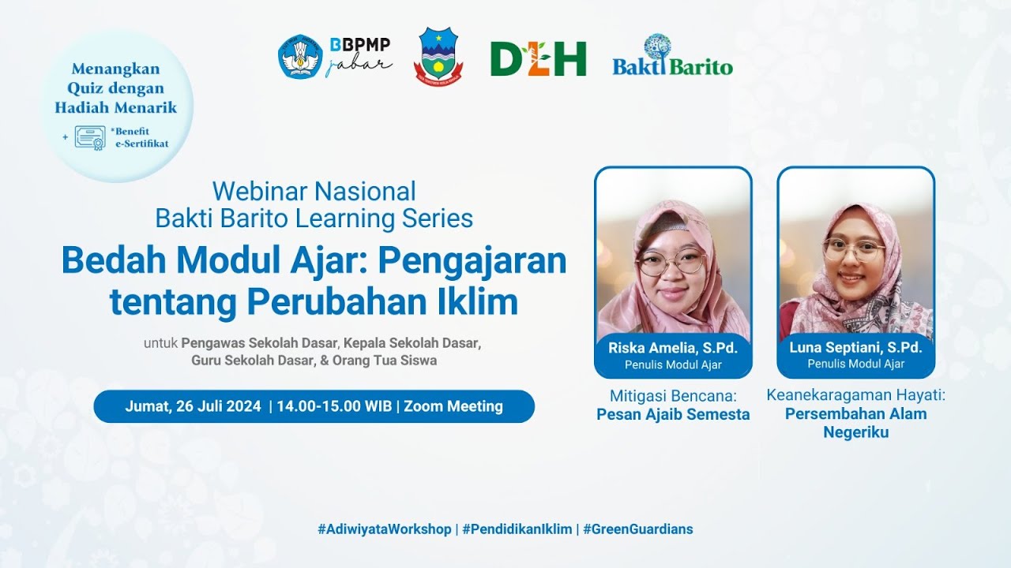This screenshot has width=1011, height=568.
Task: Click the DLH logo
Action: coord(538,58)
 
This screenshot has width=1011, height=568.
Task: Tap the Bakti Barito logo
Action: coord(672,57)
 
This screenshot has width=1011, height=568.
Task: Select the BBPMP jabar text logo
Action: coord(359,56)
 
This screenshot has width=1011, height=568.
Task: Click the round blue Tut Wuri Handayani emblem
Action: coord(300,56)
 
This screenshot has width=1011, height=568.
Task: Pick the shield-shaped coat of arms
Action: coord(438,56)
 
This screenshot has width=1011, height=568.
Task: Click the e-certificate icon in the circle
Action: coord(90,137)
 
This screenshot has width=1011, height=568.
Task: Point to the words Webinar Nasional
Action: coord(314,191)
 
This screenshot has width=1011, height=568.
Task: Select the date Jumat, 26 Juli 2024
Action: coord(193,406)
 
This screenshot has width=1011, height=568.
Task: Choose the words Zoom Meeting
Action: coord(453,406)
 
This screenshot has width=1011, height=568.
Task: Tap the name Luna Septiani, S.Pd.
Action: coord(855,348)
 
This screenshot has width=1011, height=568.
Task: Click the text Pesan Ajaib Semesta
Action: coord(673,414)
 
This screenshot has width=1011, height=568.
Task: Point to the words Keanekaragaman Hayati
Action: coord(855,394)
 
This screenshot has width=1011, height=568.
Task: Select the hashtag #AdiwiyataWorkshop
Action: coord(384,529)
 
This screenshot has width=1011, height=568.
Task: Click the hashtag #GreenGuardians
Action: coord(637,529)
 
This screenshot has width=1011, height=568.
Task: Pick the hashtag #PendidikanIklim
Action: coord(517,529)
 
